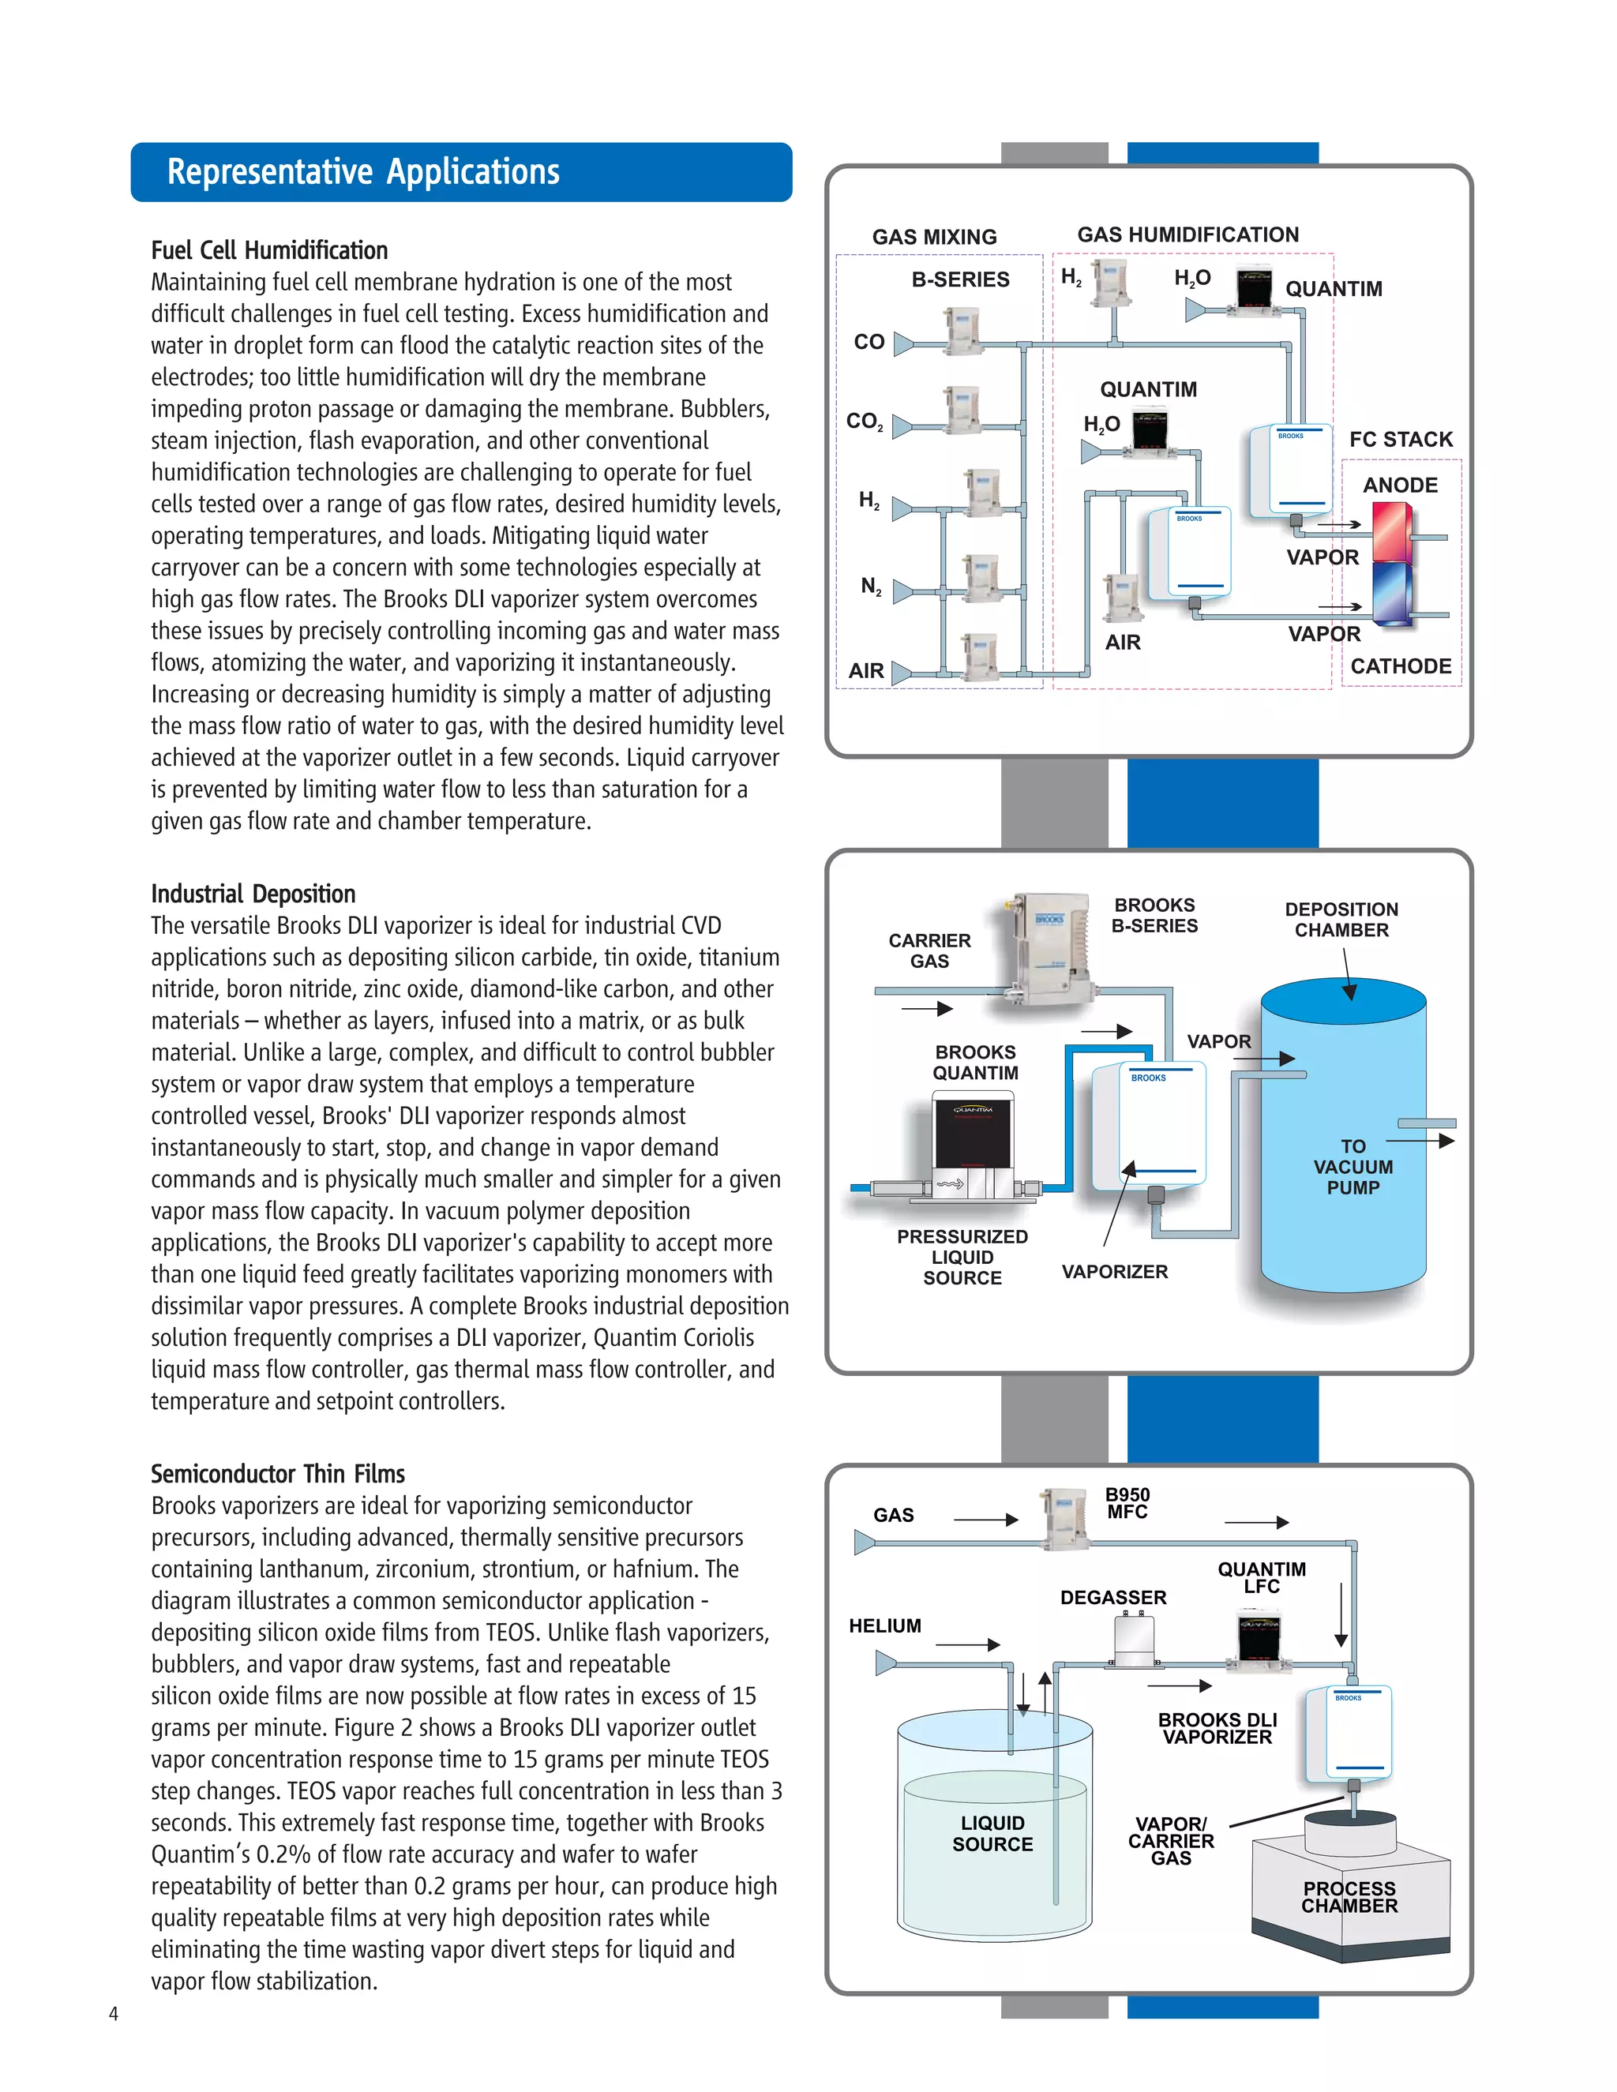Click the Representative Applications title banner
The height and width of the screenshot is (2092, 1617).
pyautogui.click(x=461, y=172)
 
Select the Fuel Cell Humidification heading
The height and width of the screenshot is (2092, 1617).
pyautogui.click(x=269, y=251)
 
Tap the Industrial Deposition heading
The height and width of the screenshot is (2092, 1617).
pyautogui.click(x=253, y=894)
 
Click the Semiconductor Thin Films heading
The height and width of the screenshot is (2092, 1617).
pyautogui.click(x=278, y=1473)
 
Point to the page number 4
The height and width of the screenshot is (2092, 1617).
pyautogui.click(x=113, y=2014)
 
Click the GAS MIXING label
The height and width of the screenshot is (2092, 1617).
pyautogui.click(x=934, y=237)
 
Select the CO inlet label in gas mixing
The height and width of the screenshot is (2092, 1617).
pyautogui.click(x=869, y=342)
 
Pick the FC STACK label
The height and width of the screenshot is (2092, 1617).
pyautogui.click(x=1401, y=440)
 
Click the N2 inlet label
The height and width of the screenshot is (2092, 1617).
pyautogui.click(x=871, y=587)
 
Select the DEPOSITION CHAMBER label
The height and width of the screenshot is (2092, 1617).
pyautogui.click(x=1341, y=920)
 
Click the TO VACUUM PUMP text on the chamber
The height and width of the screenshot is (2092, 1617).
pyautogui.click(x=1353, y=1167)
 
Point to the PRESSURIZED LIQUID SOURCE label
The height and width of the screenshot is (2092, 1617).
pyautogui.click(x=962, y=1257)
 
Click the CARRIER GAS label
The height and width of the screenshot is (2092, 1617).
pyautogui.click(x=929, y=950)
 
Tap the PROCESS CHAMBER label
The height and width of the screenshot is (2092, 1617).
pyautogui.click(x=1349, y=1896)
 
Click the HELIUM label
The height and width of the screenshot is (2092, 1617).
pyautogui.click(x=884, y=1625)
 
